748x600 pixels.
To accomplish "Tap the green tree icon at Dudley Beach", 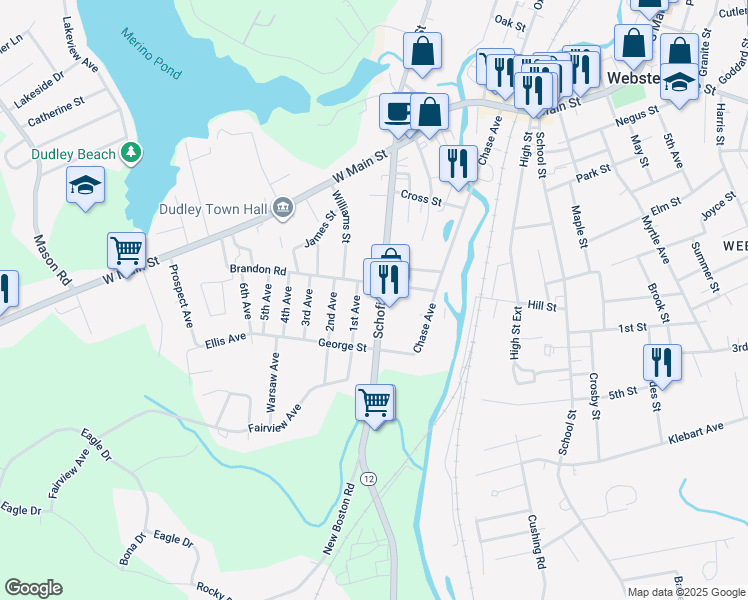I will point(129,153).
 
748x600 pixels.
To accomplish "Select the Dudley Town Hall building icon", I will point(283,208).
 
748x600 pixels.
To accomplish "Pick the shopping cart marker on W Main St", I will point(126,250).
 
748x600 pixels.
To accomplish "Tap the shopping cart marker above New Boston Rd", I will point(375,402).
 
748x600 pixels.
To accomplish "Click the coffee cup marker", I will point(398,111).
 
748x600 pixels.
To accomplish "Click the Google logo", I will point(33,588).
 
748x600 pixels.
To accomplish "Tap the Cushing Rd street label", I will point(537,541).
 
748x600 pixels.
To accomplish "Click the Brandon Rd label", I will point(258,270).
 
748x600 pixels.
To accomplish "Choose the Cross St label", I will point(420,198).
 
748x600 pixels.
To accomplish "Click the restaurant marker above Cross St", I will point(458,163).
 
